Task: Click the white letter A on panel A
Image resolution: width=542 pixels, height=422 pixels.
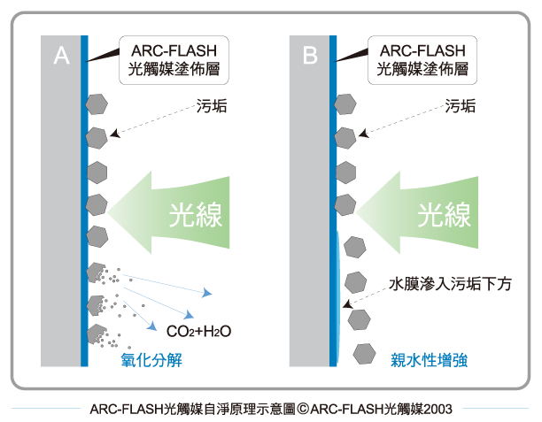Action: point(61,55)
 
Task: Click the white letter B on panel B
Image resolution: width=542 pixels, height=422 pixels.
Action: point(310,55)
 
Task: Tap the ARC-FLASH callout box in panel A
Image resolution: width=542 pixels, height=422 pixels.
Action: point(174,60)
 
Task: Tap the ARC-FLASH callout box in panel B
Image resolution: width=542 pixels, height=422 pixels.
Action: point(422,60)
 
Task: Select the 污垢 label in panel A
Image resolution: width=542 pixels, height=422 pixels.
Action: point(212,105)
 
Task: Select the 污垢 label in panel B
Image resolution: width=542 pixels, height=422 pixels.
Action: point(460,105)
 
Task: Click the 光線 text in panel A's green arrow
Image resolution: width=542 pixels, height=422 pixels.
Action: point(196,215)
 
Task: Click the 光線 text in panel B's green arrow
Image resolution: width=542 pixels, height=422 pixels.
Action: point(445,215)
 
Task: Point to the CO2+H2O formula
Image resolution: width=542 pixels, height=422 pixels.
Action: point(198,332)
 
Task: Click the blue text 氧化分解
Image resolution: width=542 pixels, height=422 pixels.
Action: point(151,360)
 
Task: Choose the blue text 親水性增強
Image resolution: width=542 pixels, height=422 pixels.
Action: point(430,360)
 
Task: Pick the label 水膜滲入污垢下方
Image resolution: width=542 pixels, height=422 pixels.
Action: point(450,284)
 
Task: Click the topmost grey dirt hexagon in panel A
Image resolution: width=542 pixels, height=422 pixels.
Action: point(97,104)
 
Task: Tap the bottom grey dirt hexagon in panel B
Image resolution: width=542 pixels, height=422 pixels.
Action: point(364,354)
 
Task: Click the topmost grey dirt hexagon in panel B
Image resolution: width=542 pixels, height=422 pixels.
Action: point(345,104)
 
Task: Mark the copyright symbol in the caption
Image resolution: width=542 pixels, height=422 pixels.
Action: point(303,409)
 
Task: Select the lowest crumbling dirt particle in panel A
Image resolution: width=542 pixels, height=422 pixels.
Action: point(97,334)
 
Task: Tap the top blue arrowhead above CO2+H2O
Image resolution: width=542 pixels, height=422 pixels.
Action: point(207,293)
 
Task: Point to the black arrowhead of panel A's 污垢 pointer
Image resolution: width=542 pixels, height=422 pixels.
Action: point(115,134)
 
